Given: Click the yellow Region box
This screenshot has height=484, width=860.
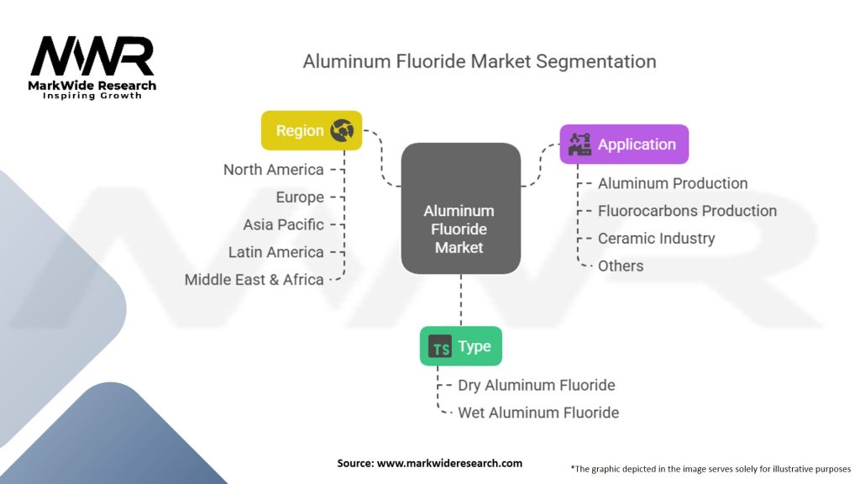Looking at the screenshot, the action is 312,130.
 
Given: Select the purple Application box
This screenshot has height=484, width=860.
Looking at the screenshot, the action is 624,145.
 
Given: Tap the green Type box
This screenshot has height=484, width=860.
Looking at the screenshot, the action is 461,346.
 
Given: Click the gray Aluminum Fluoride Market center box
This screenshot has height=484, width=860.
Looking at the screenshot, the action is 461,208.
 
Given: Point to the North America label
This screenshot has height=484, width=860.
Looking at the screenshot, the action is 273,170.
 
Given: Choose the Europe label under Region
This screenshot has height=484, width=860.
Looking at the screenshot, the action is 300,197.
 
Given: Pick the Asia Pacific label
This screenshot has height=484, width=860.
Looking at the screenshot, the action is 283,224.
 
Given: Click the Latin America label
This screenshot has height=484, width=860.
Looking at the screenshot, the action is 275,252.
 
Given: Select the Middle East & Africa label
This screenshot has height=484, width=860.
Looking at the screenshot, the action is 254,279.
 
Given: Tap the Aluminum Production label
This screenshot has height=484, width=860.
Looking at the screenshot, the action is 673,183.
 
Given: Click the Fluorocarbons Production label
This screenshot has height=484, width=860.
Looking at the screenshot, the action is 687,211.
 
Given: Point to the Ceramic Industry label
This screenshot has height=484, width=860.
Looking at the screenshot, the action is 656,239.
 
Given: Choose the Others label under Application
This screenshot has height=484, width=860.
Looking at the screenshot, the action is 621,266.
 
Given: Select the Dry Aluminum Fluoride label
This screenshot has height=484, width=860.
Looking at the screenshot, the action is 537,385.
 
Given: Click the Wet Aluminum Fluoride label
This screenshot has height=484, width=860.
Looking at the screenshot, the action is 538,413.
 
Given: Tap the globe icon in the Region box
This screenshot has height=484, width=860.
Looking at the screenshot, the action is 342,130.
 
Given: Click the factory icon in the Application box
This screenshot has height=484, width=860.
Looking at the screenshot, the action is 579,145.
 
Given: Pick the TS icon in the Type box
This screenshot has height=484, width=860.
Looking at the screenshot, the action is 440,346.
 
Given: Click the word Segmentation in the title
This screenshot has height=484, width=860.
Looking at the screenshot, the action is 595,61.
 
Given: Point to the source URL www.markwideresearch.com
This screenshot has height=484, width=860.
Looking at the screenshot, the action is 449,463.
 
